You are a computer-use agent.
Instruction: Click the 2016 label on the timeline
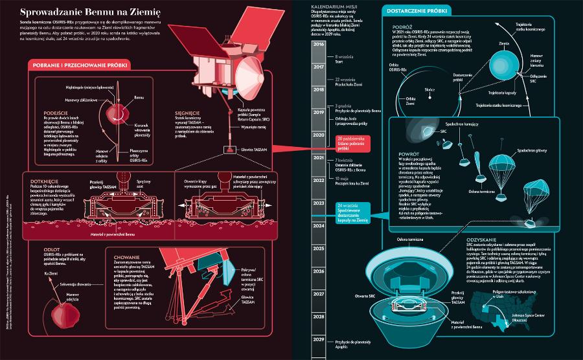(318, 44)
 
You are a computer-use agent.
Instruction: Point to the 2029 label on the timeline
(318, 339)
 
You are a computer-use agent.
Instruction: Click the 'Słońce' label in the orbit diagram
(429, 89)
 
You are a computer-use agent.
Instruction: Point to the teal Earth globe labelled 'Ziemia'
(501, 61)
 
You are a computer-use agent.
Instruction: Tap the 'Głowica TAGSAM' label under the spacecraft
(255, 148)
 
